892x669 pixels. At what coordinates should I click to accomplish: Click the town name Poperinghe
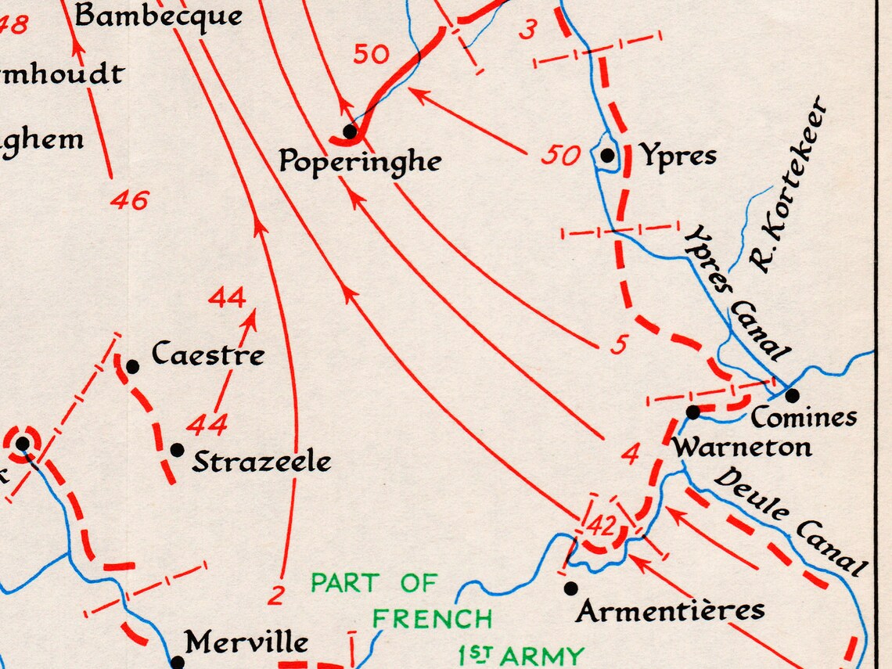(x=360, y=162)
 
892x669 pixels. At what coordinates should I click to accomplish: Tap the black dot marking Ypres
(x=607, y=156)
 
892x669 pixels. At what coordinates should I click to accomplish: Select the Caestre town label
(x=208, y=354)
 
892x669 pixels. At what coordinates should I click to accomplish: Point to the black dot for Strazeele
(x=177, y=450)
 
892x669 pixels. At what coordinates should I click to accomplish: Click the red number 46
(x=129, y=200)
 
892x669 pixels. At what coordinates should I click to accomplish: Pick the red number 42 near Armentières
(x=600, y=526)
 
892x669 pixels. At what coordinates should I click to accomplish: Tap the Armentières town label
(x=671, y=610)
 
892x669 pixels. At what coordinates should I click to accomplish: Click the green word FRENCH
(x=432, y=619)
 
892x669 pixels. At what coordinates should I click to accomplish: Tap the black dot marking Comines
(x=792, y=395)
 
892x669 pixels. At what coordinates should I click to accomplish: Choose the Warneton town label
(x=742, y=448)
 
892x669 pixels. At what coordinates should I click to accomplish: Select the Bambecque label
(x=158, y=16)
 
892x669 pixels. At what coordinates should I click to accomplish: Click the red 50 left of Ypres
(x=561, y=156)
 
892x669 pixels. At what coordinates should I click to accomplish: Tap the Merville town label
(x=246, y=643)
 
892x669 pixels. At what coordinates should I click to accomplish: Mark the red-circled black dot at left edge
(x=23, y=444)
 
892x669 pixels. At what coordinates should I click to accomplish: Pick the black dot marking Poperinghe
(x=350, y=131)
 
